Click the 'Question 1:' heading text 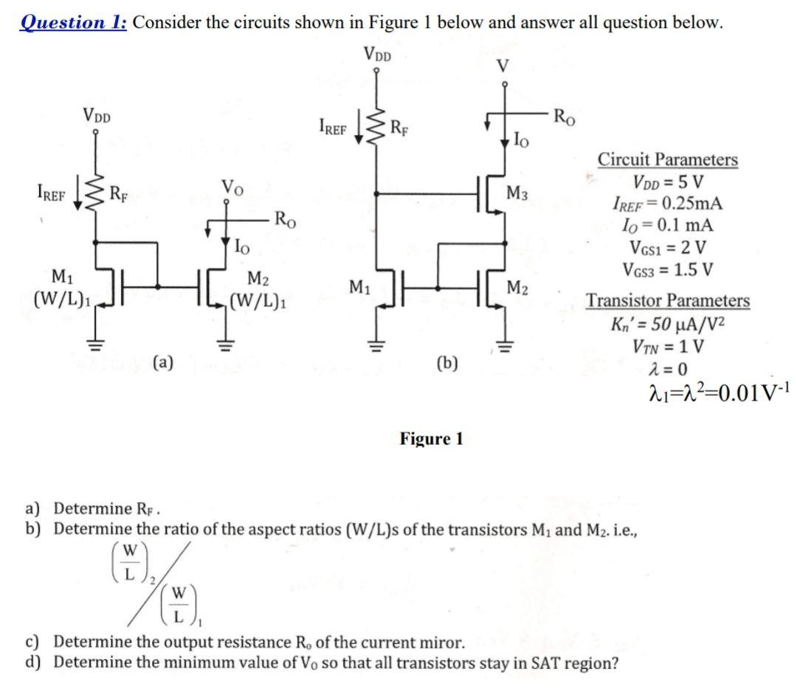[x=73, y=21]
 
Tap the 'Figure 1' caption [x=432, y=439]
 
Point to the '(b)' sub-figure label [x=446, y=362]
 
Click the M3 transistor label [x=517, y=194]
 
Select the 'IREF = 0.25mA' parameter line [x=667, y=204]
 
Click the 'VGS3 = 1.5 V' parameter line [x=670, y=269]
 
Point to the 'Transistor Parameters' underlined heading [x=668, y=301]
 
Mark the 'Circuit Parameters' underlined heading [x=667, y=159]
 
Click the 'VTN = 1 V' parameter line [x=667, y=346]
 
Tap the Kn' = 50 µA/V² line [x=666, y=325]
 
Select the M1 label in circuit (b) [x=359, y=285]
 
